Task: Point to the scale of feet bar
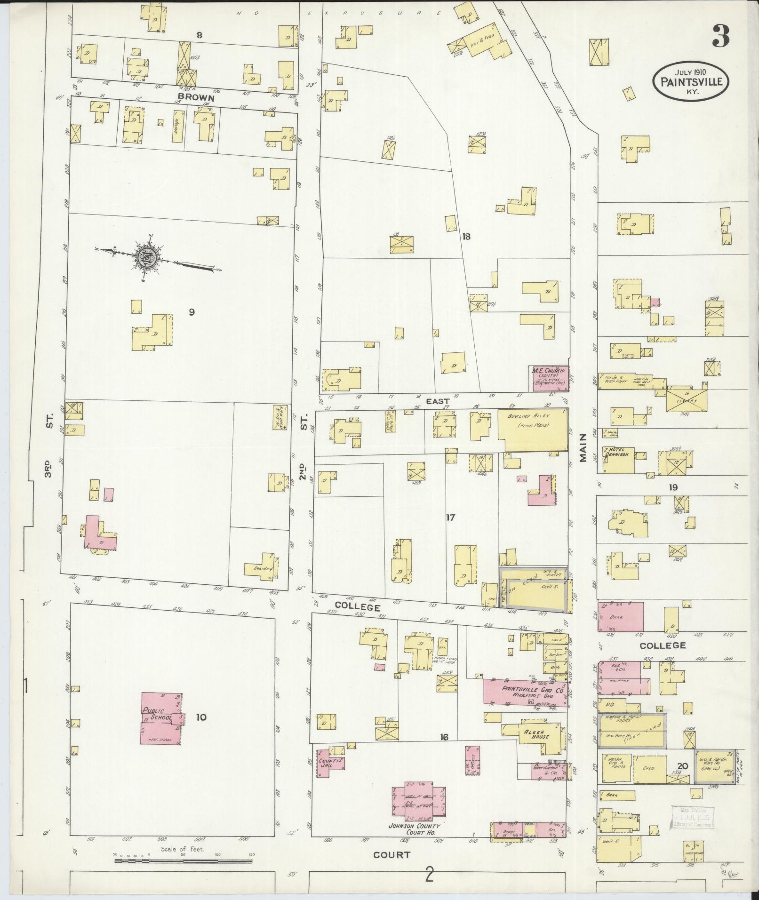pos(184,861)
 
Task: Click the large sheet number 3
pos(720,36)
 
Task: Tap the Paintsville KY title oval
pos(690,80)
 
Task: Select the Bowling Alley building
pos(532,430)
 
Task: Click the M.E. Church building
pos(549,378)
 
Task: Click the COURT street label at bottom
pos(391,855)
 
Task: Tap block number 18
pos(466,237)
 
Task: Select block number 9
pos(191,311)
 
